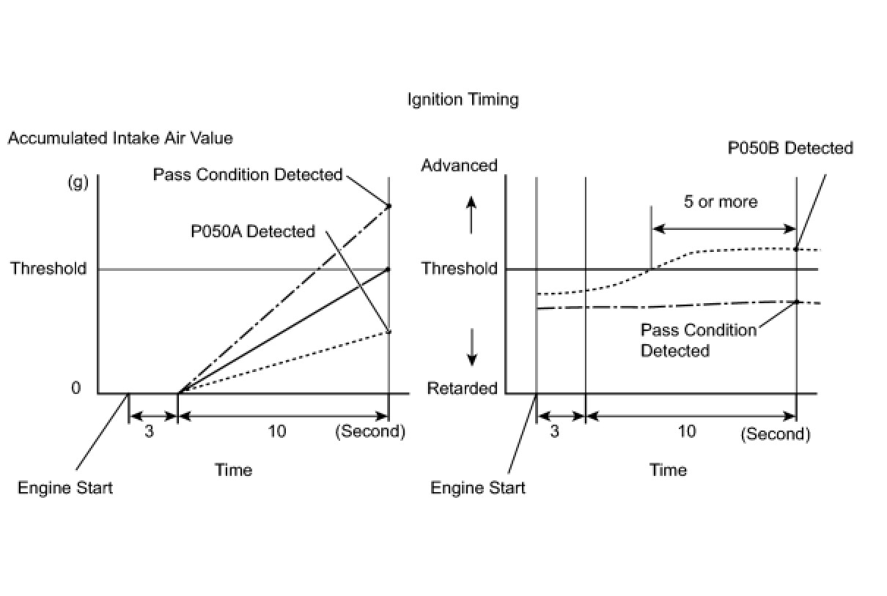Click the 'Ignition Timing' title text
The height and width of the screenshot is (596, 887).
tap(463, 100)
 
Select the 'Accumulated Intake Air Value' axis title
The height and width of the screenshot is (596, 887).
tap(120, 138)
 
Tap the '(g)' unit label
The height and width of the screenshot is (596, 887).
tap(78, 183)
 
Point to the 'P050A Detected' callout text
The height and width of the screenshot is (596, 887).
tap(252, 231)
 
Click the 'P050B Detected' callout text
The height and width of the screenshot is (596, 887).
tap(790, 148)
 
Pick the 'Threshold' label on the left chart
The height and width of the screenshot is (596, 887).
tap(48, 269)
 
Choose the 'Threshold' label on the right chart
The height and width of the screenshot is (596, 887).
tap(459, 269)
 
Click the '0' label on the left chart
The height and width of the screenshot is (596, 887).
tap(76, 388)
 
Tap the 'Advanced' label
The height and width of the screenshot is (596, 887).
tap(459, 165)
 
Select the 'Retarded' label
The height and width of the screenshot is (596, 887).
tap(462, 388)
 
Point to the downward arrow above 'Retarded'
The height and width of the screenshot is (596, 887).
tap(472, 347)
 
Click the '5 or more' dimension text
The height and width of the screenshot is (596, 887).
tap(721, 202)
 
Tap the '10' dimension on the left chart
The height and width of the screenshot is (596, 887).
tap(277, 432)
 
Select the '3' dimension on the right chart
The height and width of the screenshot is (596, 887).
tap(555, 432)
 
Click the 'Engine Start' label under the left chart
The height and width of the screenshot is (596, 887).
tap(65, 488)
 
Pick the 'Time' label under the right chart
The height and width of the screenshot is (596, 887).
tap(668, 470)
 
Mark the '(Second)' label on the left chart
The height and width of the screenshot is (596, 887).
tap(370, 432)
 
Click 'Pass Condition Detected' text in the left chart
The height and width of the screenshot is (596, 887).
tap(248, 174)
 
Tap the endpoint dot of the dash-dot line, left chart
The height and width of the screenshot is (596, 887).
tap(389, 206)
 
